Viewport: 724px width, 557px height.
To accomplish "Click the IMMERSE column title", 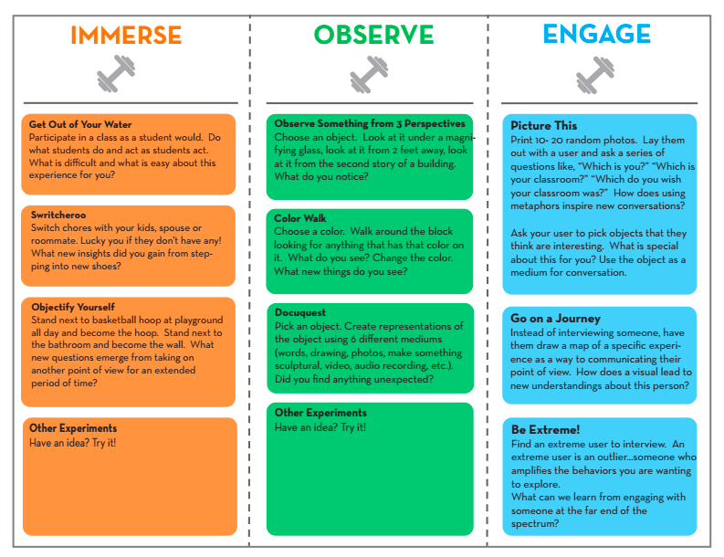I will pyautogui.click(x=126, y=36).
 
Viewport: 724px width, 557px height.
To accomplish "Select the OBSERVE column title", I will pyautogui.click(x=373, y=36).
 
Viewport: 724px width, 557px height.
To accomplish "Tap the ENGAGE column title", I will pyautogui.click(x=596, y=35).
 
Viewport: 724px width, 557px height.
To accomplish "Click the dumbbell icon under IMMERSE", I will pyautogui.click(x=115, y=74).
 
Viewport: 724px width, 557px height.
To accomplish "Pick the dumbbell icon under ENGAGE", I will pyautogui.click(x=594, y=74).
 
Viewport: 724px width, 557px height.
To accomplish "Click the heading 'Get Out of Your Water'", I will pyautogui.click(x=80, y=125).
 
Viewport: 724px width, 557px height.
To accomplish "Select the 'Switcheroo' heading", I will pyautogui.click(x=58, y=215).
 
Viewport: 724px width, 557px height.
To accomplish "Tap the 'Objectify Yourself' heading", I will pyautogui.click(x=72, y=308).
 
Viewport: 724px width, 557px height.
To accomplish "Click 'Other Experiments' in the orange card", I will pyautogui.click(x=73, y=428).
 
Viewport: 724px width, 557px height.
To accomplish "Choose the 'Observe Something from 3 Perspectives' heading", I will pyautogui.click(x=370, y=123).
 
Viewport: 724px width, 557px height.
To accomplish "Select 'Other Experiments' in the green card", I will pyautogui.click(x=320, y=413).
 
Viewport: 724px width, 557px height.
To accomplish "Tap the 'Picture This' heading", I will pyautogui.click(x=544, y=126).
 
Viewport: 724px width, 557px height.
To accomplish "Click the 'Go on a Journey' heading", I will pyautogui.click(x=555, y=319).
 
